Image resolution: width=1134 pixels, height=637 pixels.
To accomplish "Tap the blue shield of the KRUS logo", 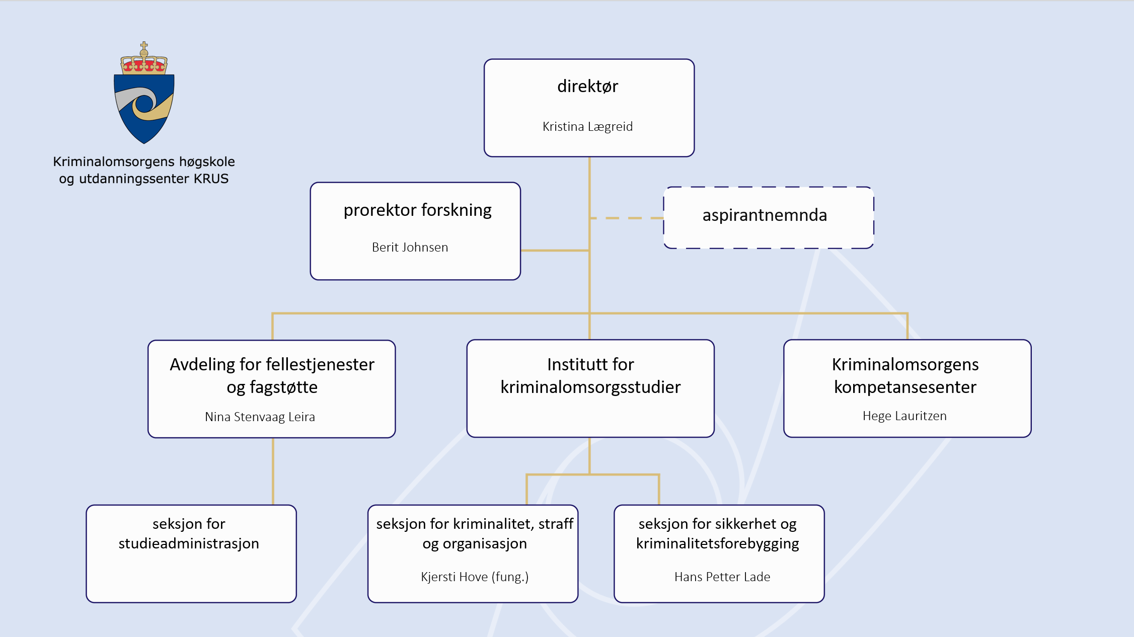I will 144,108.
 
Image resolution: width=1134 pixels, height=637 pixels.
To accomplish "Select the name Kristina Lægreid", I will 587,127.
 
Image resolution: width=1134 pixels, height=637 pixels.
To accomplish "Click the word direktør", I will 587,87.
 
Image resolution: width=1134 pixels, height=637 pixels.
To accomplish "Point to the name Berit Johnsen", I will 410,248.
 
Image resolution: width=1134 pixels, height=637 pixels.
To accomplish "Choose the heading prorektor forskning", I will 417,210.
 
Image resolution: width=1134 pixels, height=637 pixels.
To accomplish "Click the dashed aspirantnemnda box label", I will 765,215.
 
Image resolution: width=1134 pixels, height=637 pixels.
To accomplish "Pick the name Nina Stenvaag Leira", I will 260,417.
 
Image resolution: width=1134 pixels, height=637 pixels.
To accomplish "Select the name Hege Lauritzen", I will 904,416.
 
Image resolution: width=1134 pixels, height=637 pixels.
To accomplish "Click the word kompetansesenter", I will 905,387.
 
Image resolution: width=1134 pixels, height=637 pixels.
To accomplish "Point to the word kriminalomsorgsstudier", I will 590,387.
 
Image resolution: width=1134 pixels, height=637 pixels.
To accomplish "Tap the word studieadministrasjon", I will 189,544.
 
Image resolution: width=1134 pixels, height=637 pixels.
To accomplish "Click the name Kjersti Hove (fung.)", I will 475,577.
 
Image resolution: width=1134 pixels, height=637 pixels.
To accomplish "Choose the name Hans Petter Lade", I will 722,577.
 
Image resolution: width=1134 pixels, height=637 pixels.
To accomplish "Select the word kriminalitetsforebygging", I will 717,544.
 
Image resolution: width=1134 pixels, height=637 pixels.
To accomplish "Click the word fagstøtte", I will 283,387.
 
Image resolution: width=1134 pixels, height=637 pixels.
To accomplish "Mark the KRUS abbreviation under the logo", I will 211,179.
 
